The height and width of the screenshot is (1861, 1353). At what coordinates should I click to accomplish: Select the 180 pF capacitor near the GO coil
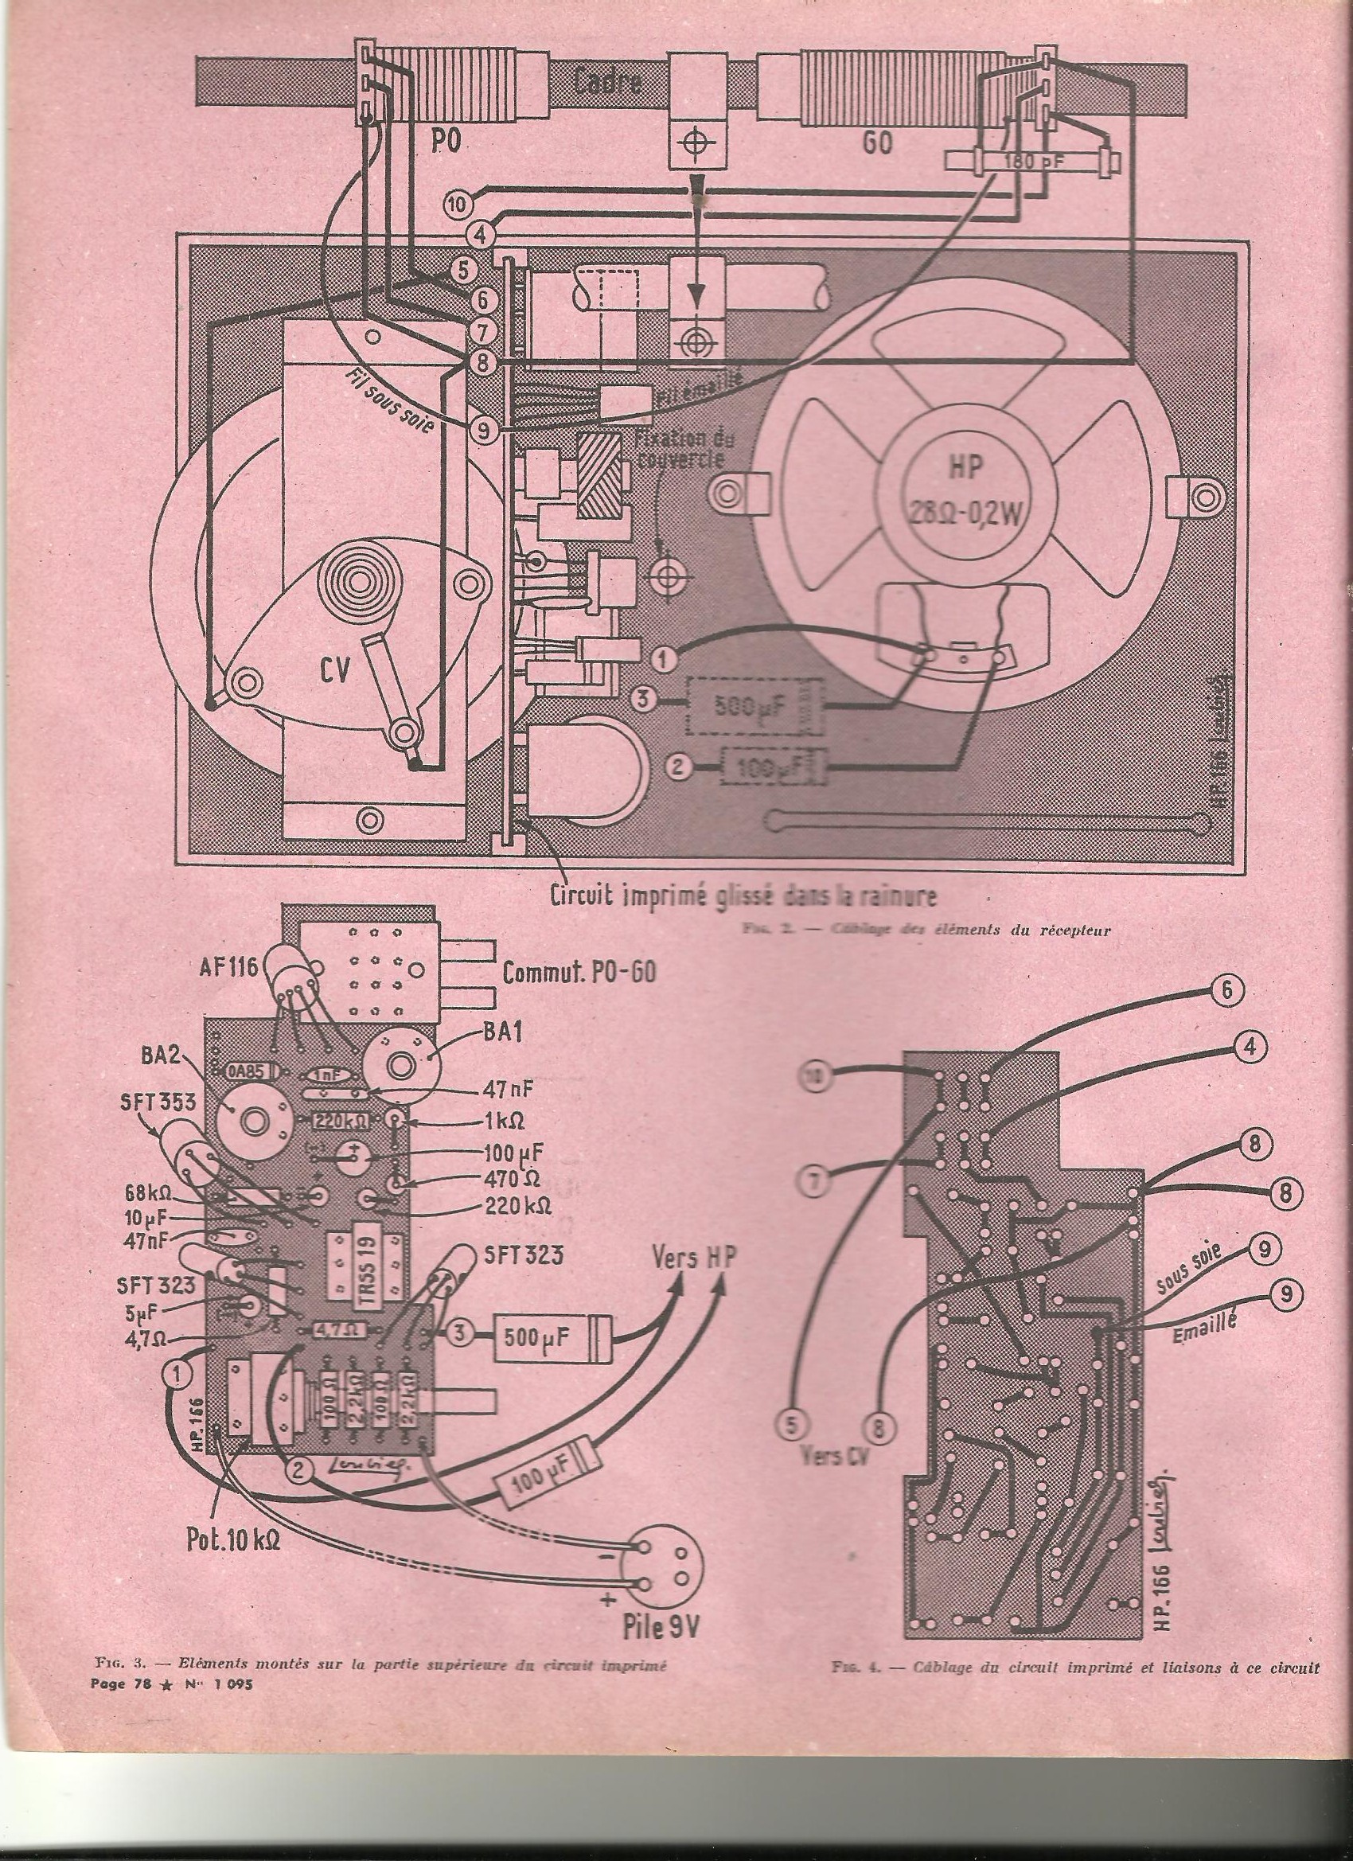(x=1029, y=161)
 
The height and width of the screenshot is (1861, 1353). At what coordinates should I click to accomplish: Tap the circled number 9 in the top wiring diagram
(x=483, y=426)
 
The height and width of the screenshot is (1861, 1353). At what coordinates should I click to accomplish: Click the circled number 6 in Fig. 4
(x=1228, y=991)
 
